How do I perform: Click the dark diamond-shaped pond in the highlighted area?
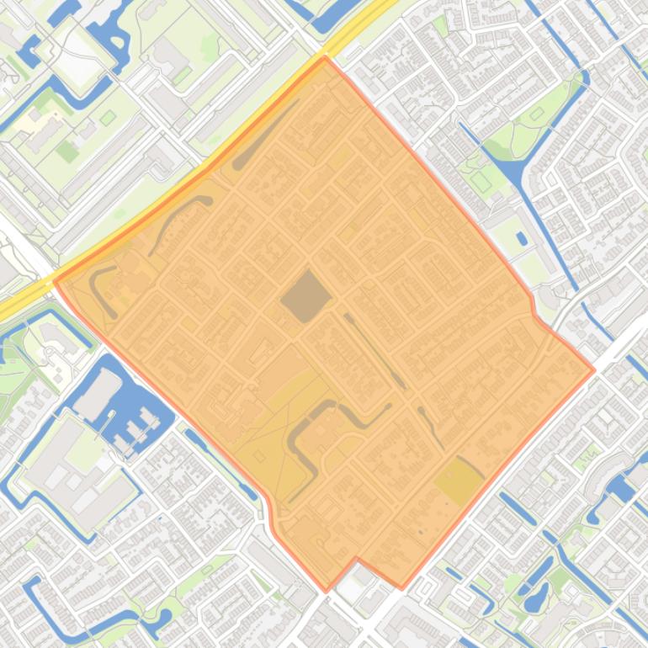(306, 296)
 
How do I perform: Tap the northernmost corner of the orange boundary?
(325, 58)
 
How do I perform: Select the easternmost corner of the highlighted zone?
(594, 369)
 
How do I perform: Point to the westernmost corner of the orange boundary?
(55, 281)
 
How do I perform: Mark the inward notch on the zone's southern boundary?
(357, 558)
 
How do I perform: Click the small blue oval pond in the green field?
(522, 239)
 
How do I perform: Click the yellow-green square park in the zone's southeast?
(459, 481)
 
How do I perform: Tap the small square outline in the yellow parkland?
(259, 456)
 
